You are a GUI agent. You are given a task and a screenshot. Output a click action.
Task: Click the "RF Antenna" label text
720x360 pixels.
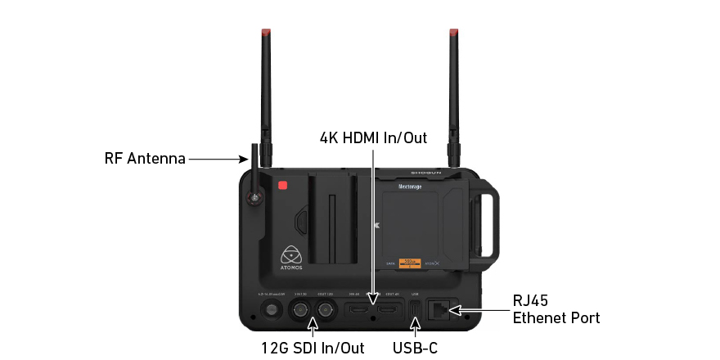coord(145,159)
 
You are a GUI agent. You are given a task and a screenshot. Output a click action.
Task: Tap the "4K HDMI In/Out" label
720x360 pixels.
coord(373,137)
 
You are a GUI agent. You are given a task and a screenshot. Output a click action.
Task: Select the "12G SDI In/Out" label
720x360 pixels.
coord(313,349)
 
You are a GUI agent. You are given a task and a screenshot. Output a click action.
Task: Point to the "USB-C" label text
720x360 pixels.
coord(415,349)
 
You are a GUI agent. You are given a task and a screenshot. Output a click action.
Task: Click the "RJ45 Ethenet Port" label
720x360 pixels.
coord(556,309)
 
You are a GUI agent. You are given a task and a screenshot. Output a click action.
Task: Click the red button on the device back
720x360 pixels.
coord(282,185)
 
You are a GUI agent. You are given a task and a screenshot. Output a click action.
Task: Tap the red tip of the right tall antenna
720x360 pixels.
coord(452,34)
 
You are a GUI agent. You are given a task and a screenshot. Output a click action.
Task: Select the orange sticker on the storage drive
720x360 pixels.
coord(409,263)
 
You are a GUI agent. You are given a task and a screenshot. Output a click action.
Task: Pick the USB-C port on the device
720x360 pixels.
coord(415,310)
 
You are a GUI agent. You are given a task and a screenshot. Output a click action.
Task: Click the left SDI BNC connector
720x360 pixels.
coord(299,310)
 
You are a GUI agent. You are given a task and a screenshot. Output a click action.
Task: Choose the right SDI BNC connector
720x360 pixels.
coord(327,310)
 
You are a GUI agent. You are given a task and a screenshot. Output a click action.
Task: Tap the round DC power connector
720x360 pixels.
coord(269,310)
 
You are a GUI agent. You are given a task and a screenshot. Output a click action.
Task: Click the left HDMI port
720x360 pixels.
coord(358,310)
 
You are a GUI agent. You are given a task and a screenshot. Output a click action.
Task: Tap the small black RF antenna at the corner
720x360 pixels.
coord(254,173)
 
